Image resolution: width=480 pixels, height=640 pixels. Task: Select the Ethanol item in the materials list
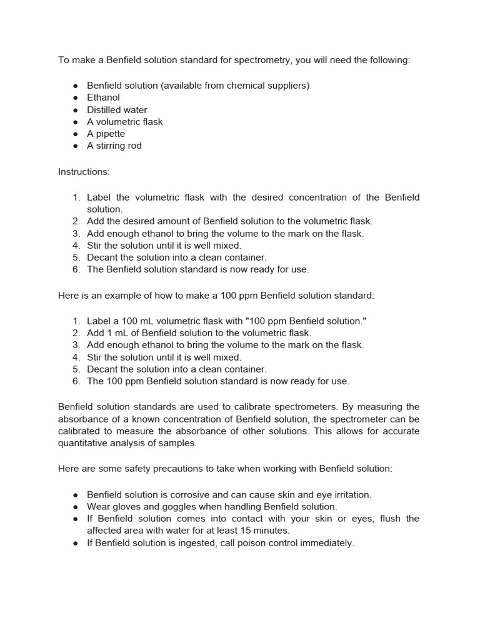click(103, 97)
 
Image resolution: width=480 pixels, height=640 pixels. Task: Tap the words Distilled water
click(117, 110)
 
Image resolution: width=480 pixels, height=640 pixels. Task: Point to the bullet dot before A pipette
click(75, 134)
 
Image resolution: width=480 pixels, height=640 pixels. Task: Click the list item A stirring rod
click(114, 146)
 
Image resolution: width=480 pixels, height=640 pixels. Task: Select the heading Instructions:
click(84, 171)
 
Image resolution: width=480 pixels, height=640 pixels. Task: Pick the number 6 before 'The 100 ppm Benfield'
click(76, 381)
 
